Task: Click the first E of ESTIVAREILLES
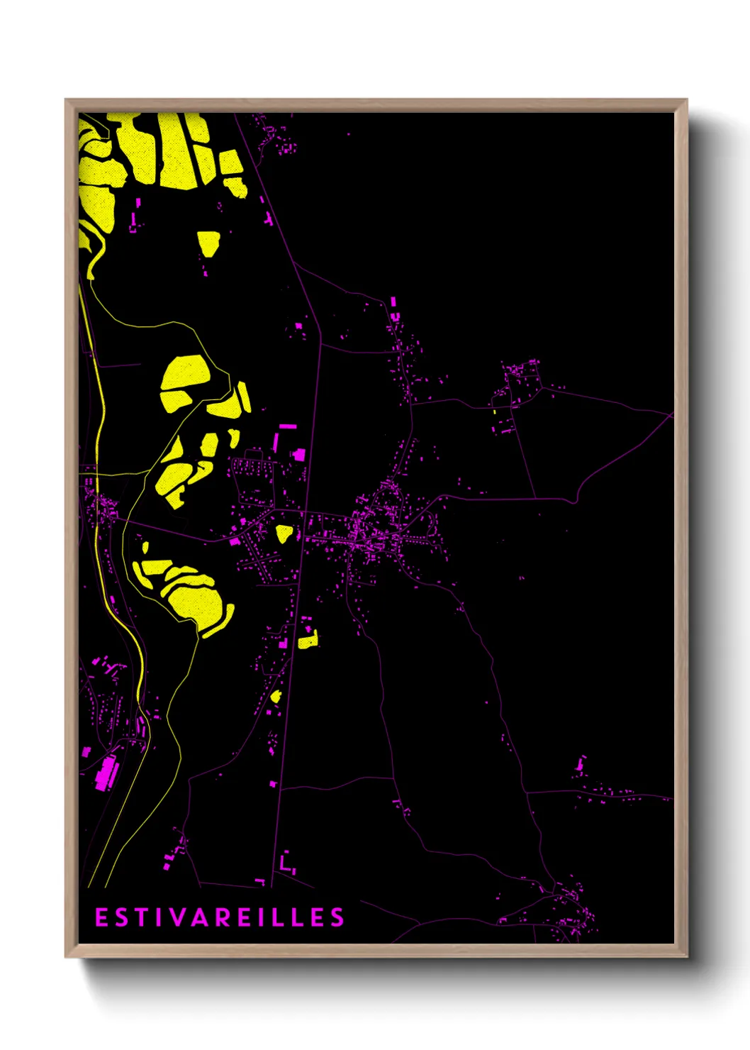tap(101, 917)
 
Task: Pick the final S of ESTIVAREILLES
tap(337, 917)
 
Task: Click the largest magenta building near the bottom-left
tap(107, 773)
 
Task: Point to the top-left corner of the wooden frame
tap(66, 100)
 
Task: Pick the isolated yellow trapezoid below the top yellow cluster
tap(208, 243)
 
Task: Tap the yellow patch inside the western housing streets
tap(284, 533)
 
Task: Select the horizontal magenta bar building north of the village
tap(286, 426)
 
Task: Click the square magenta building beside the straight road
tap(299, 454)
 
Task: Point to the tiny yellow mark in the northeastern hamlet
tap(494, 411)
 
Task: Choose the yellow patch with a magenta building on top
tap(308, 641)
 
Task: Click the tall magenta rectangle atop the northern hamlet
tap(393, 302)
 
